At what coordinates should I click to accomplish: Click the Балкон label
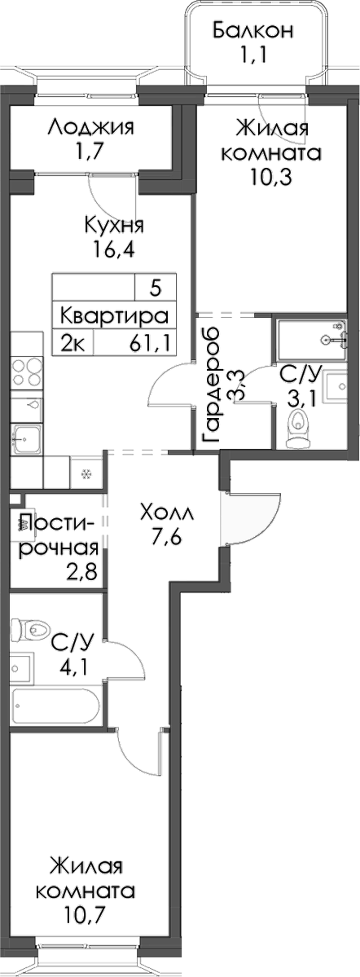252,31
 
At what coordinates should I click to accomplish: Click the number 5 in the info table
156,288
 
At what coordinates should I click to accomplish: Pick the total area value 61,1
148,342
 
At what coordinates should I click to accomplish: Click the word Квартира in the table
115,315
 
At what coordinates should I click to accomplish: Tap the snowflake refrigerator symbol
84,472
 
